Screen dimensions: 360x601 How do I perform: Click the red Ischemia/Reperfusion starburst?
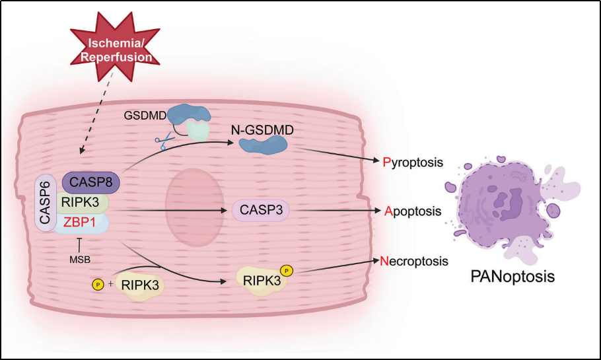[x=118, y=51]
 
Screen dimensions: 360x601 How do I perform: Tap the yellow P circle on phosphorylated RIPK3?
[x=287, y=270]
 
